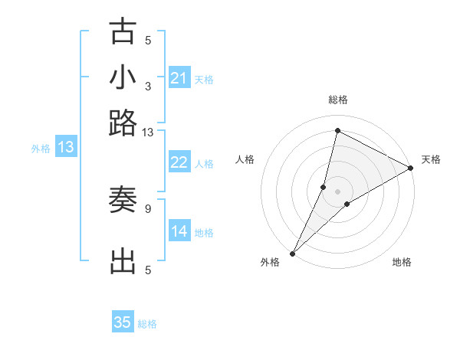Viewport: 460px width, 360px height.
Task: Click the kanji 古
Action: tap(123, 32)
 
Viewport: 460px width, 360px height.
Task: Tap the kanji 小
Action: tap(123, 77)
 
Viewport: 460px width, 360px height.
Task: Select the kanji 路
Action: tap(123, 123)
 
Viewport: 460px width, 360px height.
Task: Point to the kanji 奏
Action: tap(123, 201)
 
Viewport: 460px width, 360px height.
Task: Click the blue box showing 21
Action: tap(179, 78)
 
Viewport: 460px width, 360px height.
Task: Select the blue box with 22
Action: tap(179, 162)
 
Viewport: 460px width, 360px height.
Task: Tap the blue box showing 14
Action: tap(179, 231)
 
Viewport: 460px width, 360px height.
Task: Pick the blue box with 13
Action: tap(66, 148)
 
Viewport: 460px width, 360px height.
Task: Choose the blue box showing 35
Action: tap(123, 322)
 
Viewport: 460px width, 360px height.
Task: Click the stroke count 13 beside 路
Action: tap(148, 132)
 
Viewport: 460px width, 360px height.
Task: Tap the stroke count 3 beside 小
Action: tap(148, 86)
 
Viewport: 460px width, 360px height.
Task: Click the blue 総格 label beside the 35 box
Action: tap(147, 324)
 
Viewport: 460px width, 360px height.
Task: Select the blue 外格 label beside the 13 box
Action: tap(41, 149)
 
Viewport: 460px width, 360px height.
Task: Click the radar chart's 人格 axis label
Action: tap(245, 159)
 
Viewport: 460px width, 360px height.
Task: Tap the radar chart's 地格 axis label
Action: tap(402, 262)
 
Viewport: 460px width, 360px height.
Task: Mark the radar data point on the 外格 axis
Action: tap(293, 253)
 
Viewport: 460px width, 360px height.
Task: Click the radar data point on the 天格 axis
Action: tap(411, 169)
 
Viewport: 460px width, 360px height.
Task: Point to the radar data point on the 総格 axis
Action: tap(337, 130)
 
